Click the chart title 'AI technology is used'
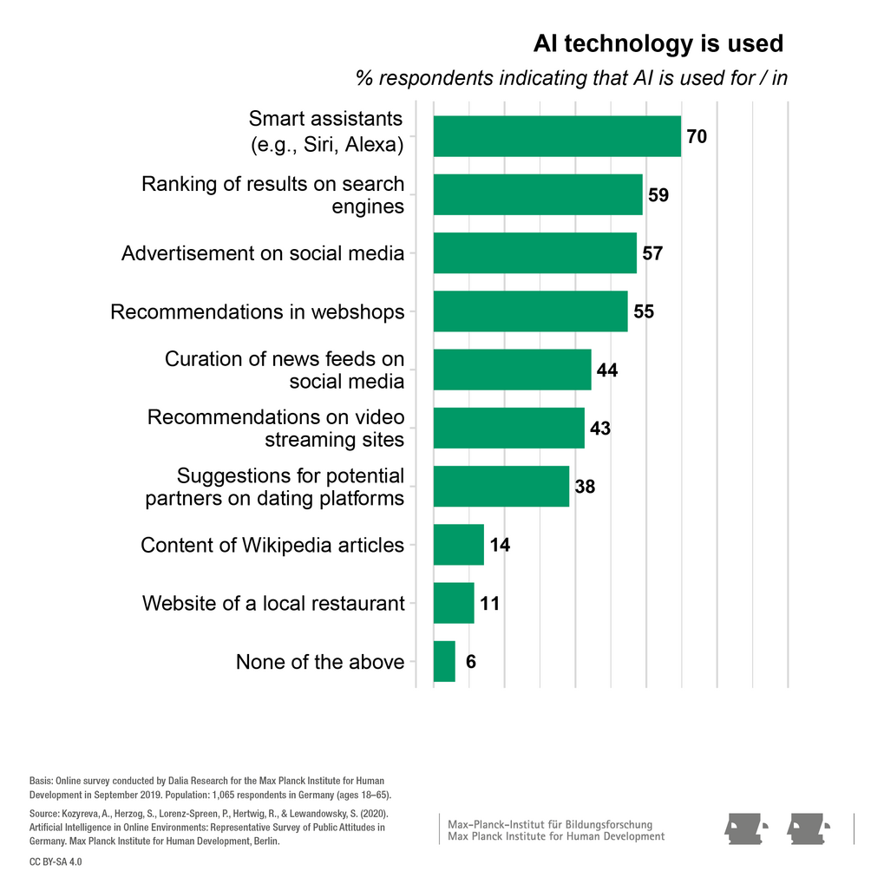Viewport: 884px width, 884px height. [658, 44]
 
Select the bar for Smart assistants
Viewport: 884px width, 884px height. [556, 136]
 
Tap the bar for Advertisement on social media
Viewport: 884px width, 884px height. [534, 253]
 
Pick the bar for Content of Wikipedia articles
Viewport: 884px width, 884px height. [458, 545]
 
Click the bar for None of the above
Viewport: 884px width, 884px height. [444, 662]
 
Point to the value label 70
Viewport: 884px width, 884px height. [697, 137]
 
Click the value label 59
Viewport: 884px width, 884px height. [658, 195]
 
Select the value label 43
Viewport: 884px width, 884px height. [600, 429]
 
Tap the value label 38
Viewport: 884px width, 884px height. [585, 487]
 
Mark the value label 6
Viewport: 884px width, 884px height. [470, 662]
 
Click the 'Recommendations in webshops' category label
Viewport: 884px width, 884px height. [258, 311]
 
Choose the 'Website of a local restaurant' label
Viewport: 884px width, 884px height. [273, 603]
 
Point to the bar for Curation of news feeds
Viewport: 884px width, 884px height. [512, 370]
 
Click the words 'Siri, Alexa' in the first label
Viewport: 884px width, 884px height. [351, 145]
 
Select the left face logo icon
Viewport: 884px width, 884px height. [747, 828]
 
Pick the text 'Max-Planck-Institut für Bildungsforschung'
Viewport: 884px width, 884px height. [550, 823]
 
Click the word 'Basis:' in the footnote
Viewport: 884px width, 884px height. [41, 781]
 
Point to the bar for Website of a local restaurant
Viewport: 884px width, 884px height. [454, 603]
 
